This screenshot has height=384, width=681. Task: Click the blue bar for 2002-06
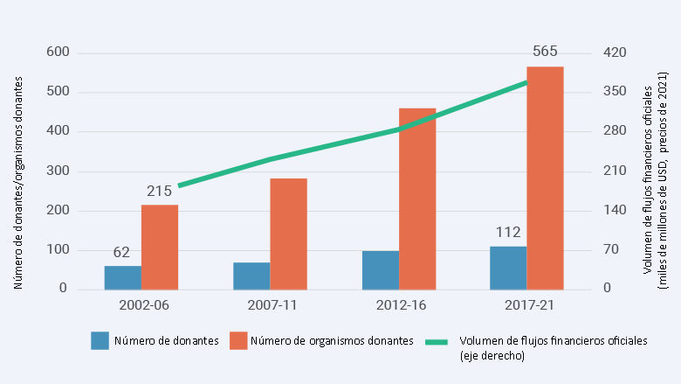click(x=122, y=277)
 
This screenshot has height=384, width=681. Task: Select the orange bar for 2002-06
click(x=160, y=247)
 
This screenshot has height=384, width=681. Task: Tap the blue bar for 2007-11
click(x=251, y=276)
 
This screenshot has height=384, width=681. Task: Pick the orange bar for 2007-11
click(x=288, y=234)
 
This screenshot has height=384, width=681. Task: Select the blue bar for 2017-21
click(x=508, y=268)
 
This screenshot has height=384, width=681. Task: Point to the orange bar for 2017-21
click(x=545, y=178)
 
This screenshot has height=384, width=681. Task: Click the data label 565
click(x=545, y=52)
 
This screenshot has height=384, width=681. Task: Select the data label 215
click(x=159, y=191)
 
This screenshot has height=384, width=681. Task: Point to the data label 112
click(x=508, y=233)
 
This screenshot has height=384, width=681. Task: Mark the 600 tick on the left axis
click(x=58, y=52)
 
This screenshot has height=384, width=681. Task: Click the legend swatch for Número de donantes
click(x=100, y=341)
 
